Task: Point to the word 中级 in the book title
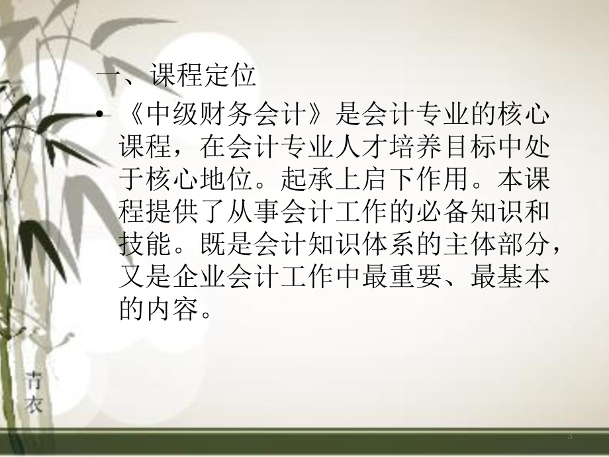(157, 117)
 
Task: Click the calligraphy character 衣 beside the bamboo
(34, 403)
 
